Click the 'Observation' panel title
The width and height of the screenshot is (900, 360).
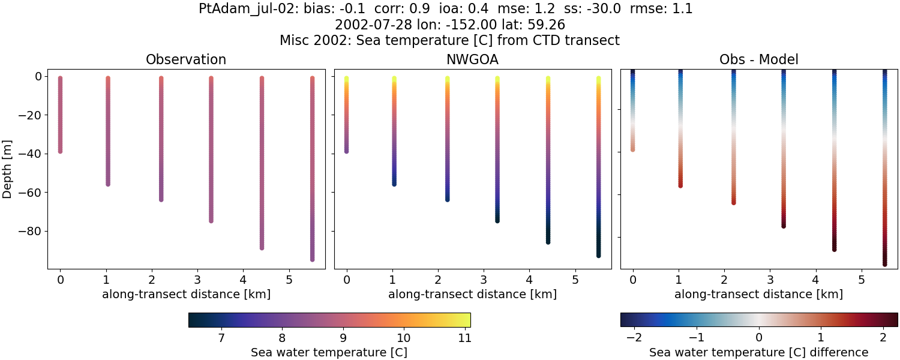(x=186, y=60)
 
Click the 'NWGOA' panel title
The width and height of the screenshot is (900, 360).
(x=472, y=60)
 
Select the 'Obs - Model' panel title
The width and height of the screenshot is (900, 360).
(x=758, y=60)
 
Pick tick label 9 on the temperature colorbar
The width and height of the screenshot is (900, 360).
(x=343, y=338)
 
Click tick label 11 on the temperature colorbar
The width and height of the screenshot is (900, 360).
(x=464, y=338)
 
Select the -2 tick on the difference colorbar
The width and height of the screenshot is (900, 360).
(x=634, y=338)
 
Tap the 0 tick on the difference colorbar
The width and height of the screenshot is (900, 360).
(x=758, y=338)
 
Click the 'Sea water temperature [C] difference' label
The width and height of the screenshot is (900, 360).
(x=758, y=352)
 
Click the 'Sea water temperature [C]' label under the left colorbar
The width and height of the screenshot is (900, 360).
(x=329, y=352)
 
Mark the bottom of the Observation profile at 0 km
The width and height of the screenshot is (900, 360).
(x=60, y=151)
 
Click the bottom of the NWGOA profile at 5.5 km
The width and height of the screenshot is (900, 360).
(x=599, y=255)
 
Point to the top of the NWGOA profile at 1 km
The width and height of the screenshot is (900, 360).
(x=394, y=79)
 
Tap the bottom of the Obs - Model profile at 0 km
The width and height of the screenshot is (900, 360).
(x=632, y=149)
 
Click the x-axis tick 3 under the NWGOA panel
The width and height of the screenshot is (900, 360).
(x=483, y=280)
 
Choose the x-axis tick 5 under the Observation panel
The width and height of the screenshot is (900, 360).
(x=289, y=280)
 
